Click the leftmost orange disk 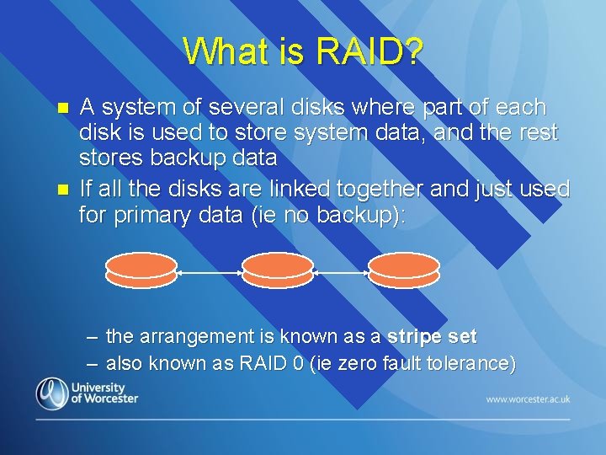(x=141, y=267)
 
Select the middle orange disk (x=277, y=267)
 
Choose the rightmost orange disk (x=404, y=267)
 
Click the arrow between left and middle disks (x=210, y=273)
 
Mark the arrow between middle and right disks (x=341, y=273)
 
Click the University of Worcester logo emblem (x=51, y=393)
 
